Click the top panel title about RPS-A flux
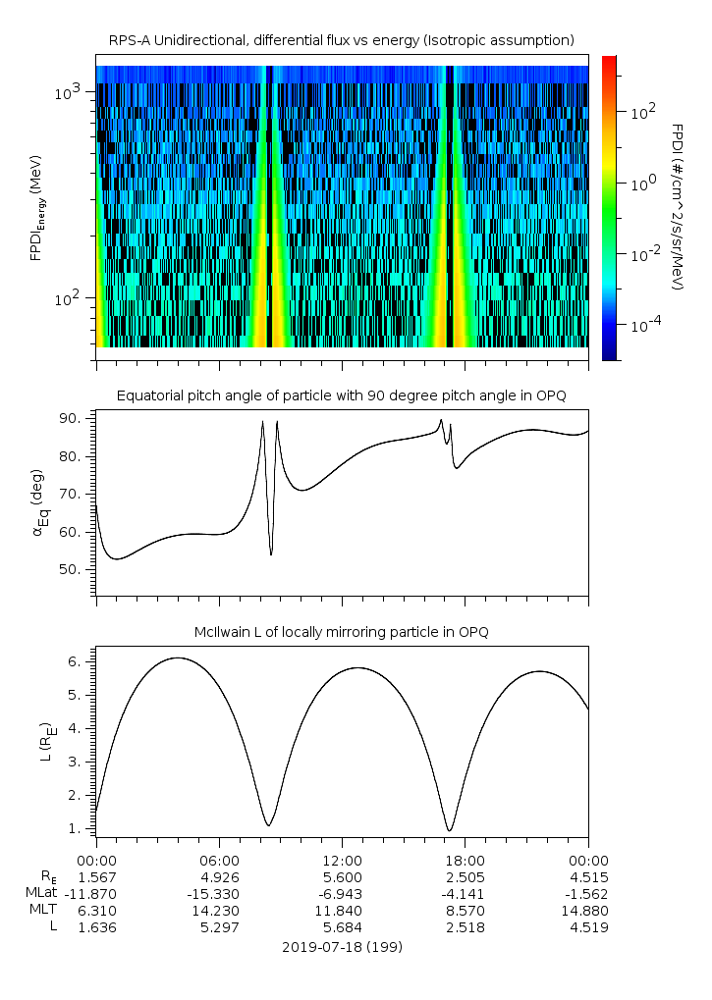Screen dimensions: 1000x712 point(341,40)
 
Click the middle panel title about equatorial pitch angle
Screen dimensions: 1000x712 point(341,395)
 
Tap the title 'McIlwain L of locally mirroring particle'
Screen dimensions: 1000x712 point(341,632)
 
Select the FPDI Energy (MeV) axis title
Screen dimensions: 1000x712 point(37,207)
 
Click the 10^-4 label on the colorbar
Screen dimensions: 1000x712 point(643,325)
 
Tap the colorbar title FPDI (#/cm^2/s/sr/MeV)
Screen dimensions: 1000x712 point(678,207)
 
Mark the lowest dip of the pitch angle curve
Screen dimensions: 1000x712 point(271,554)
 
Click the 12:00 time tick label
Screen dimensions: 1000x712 point(342,859)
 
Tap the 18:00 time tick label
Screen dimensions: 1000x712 point(466,859)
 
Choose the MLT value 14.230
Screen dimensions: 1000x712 point(219,910)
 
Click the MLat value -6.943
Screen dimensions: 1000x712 point(342,893)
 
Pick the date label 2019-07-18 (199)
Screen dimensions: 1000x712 point(342,947)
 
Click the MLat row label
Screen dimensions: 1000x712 point(43,893)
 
